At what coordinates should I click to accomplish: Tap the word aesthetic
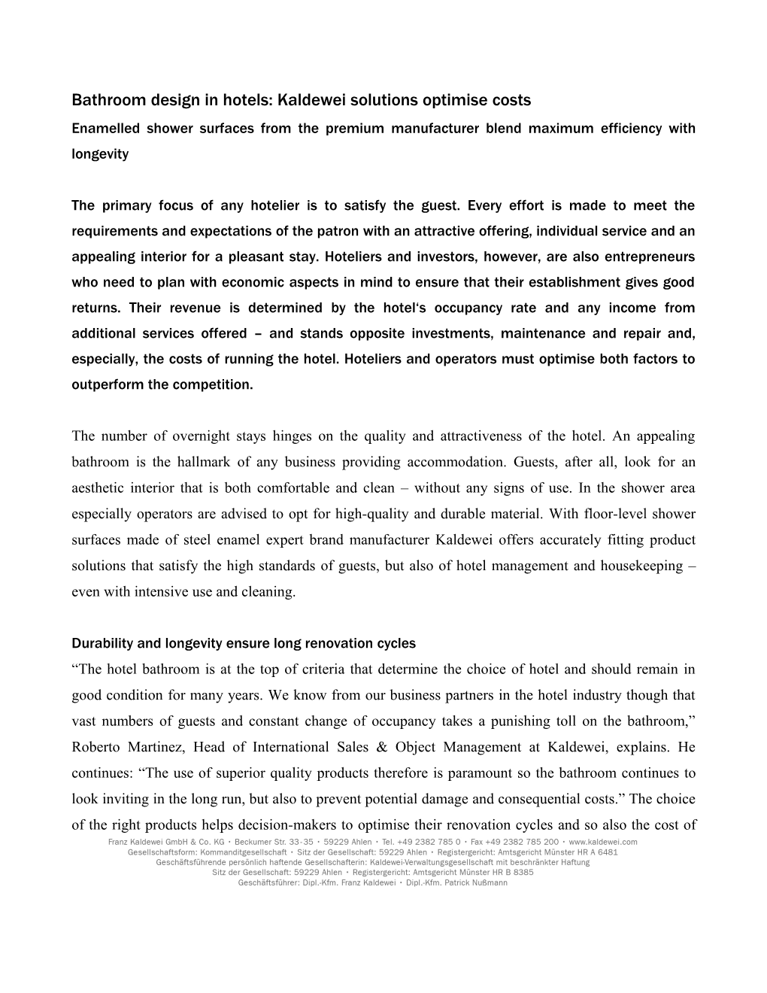(x=101, y=487)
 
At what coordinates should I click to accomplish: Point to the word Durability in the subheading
(x=102, y=643)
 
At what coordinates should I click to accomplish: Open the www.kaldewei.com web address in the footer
(x=603, y=842)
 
